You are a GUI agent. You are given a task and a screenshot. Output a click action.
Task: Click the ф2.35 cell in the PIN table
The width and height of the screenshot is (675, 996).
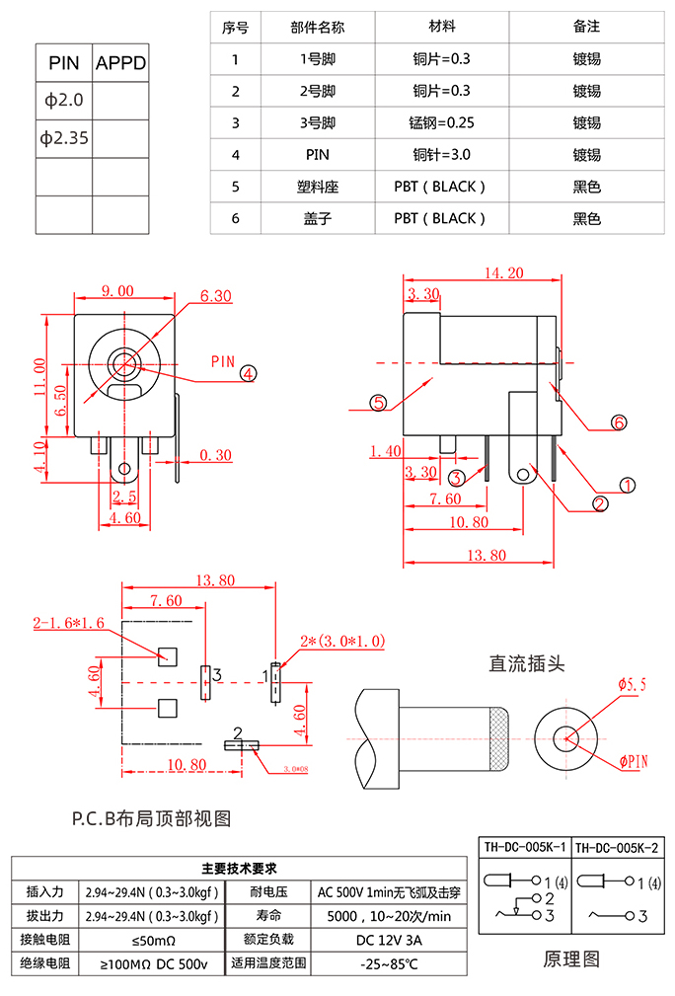64,138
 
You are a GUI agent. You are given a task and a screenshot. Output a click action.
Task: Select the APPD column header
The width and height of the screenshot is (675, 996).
120,64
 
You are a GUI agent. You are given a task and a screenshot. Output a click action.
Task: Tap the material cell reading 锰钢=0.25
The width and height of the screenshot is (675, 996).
441,122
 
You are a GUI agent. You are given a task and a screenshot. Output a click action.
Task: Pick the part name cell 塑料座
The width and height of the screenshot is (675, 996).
318,187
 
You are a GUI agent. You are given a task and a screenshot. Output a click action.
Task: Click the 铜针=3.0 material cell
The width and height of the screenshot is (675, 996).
441,155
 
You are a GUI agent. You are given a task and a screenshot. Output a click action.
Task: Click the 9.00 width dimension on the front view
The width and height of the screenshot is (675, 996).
117,291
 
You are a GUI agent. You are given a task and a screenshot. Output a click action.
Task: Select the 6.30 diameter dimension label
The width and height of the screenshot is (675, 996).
215,296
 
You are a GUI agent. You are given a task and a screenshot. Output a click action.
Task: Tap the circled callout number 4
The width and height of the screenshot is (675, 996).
248,373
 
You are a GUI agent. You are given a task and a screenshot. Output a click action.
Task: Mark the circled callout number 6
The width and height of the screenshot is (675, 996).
619,422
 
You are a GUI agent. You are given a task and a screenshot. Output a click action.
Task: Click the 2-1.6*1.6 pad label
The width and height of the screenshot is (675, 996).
69,623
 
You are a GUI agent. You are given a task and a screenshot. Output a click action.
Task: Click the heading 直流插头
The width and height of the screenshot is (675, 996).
527,663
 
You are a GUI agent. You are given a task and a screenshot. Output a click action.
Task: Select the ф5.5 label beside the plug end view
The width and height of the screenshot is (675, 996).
632,684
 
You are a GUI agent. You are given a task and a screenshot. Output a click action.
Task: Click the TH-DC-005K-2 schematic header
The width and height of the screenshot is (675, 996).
617,848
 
